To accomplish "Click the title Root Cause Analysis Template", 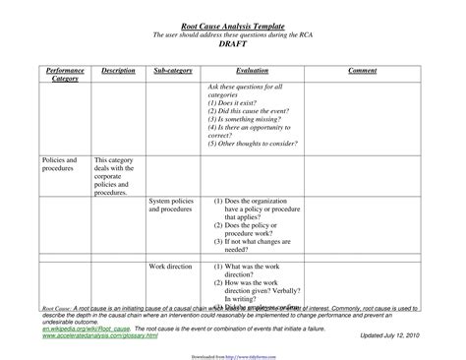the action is pos(232,25).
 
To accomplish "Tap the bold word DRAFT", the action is pos(233,46).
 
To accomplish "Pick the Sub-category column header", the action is pos(173,71).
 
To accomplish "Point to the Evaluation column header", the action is pos(252,71).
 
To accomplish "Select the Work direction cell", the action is pos(170,267).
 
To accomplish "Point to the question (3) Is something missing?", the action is pos(245,119).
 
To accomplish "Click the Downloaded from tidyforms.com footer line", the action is pos(232,350).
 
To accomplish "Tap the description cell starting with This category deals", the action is pos(116,175).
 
